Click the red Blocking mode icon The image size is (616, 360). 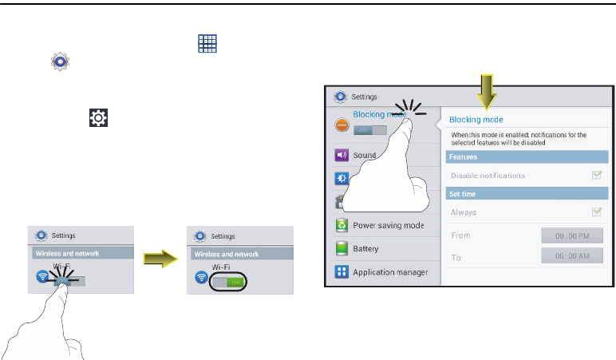(x=341, y=124)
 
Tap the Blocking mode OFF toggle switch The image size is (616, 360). (x=369, y=129)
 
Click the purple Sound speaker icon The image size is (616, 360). (x=341, y=155)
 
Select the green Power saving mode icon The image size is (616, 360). (x=341, y=225)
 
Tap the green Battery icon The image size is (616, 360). (x=341, y=249)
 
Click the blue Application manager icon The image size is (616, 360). (x=341, y=272)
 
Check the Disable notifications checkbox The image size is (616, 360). (x=596, y=175)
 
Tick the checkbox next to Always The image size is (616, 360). (x=596, y=212)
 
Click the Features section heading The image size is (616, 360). (x=463, y=157)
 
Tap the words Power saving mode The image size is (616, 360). (x=388, y=225)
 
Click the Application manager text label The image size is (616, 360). (x=390, y=272)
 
